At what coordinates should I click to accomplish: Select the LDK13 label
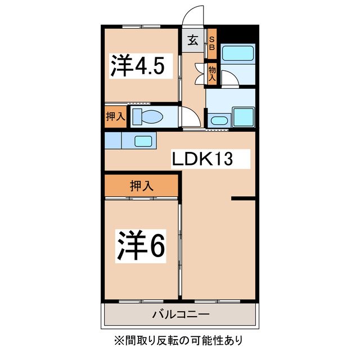click(202, 160)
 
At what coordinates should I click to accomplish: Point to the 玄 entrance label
click(192, 40)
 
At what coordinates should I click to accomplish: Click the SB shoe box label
click(212, 43)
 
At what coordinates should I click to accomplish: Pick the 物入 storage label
click(212, 74)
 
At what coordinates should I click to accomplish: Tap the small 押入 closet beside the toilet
click(115, 117)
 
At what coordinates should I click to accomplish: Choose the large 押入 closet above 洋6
click(142, 185)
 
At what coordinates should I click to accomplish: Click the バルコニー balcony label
click(180, 314)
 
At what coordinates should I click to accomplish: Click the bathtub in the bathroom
click(238, 55)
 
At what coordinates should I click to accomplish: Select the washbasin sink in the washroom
click(218, 119)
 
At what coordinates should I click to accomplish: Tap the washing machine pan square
click(244, 117)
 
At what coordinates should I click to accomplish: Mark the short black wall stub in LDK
click(243, 198)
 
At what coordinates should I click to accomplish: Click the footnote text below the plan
click(180, 340)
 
